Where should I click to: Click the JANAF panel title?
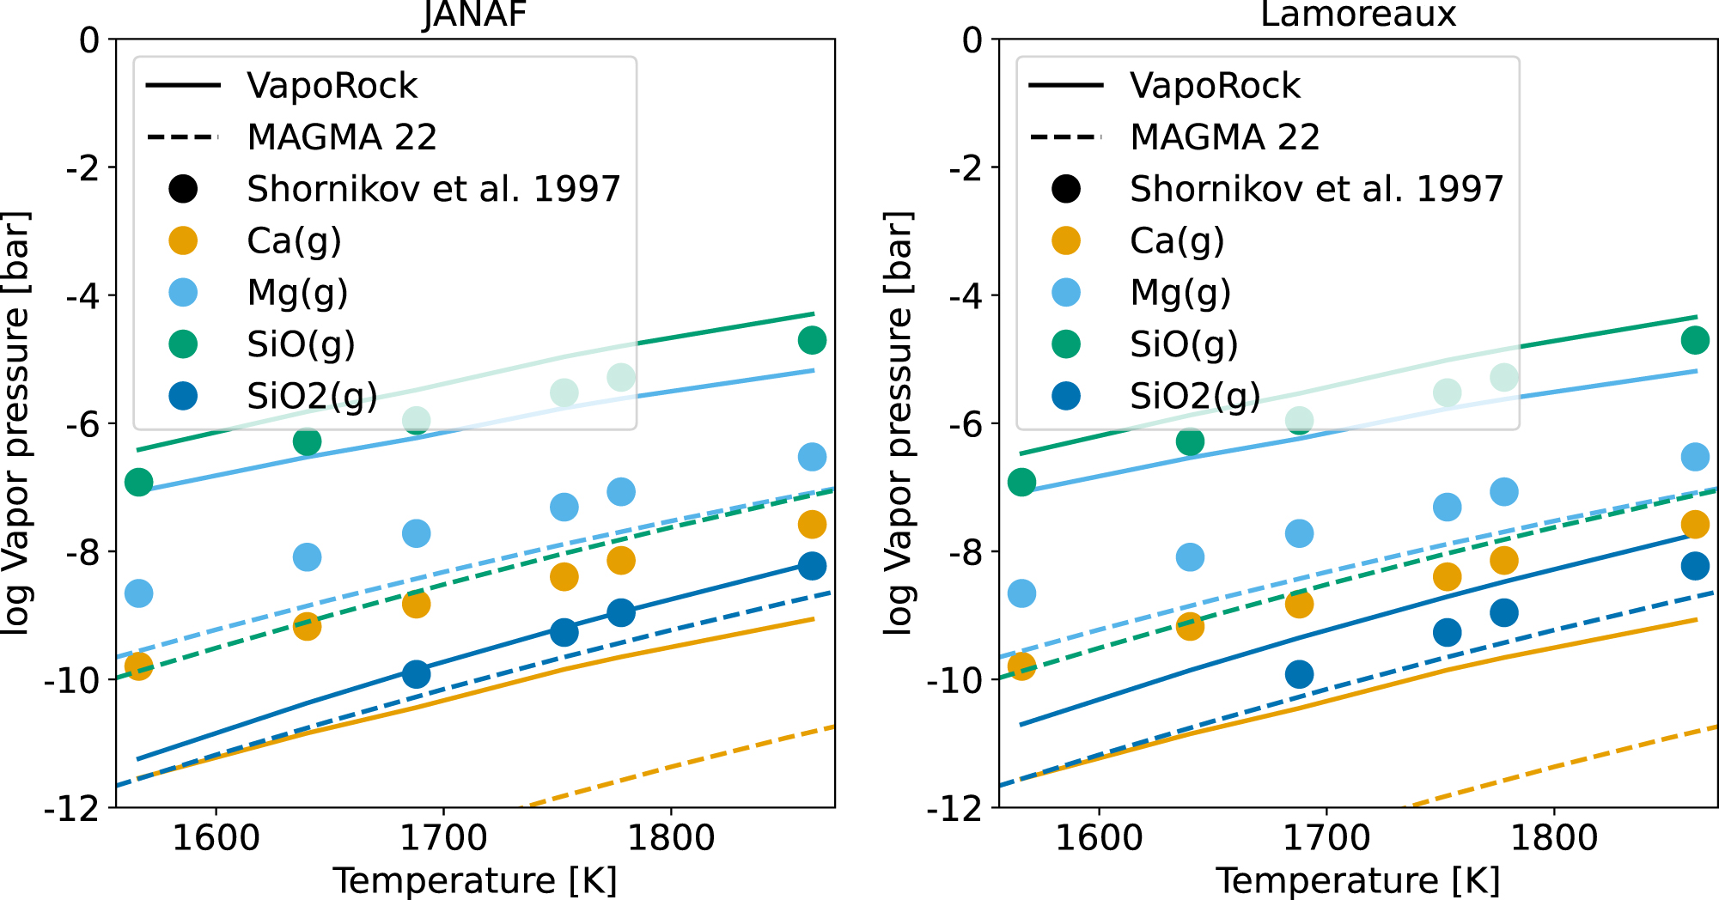[x=474, y=14]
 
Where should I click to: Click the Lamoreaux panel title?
[x=1357, y=14]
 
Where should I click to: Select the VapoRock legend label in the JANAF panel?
[x=332, y=86]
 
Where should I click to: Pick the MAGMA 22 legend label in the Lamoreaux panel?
[x=1224, y=137]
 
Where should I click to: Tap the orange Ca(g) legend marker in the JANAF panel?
[x=183, y=240]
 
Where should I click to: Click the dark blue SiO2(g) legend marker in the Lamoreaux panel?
[x=1066, y=396]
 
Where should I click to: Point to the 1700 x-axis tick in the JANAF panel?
[x=443, y=837]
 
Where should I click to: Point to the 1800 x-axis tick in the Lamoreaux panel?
[x=1553, y=837]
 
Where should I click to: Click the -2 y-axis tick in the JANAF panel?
[x=82, y=167]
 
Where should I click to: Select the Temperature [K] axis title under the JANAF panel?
[x=475, y=881]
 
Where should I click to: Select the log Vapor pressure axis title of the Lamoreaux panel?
[x=899, y=423]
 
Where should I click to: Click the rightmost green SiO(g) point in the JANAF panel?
[x=812, y=340]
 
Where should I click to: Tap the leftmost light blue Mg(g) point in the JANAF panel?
[x=138, y=593]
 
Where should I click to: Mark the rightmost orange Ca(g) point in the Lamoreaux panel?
[x=1695, y=525]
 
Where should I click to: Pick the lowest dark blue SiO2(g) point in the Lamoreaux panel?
[x=1300, y=674]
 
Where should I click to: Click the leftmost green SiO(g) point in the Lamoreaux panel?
[x=1021, y=483]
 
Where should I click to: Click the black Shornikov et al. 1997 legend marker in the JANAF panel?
[x=183, y=189]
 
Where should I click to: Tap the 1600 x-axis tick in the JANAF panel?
[x=216, y=837]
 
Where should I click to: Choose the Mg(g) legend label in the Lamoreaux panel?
[x=1180, y=293]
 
